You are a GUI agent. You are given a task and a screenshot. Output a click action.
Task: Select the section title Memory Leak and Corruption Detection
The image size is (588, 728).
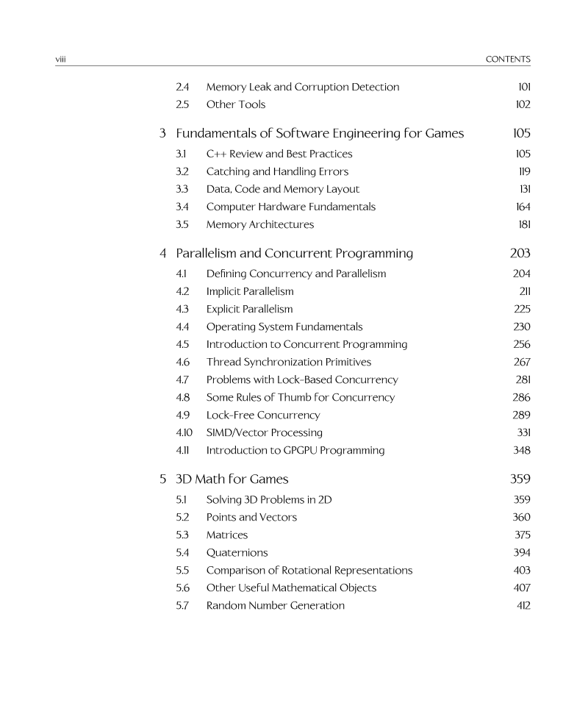(303, 87)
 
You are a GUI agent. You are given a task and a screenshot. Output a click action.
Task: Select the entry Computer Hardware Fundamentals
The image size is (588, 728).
(290, 207)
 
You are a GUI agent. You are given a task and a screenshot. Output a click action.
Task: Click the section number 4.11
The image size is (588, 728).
(184, 450)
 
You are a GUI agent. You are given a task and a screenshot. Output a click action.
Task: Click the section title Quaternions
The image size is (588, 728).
(237, 552)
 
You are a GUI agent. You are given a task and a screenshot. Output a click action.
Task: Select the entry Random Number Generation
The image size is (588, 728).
(275, 605)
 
